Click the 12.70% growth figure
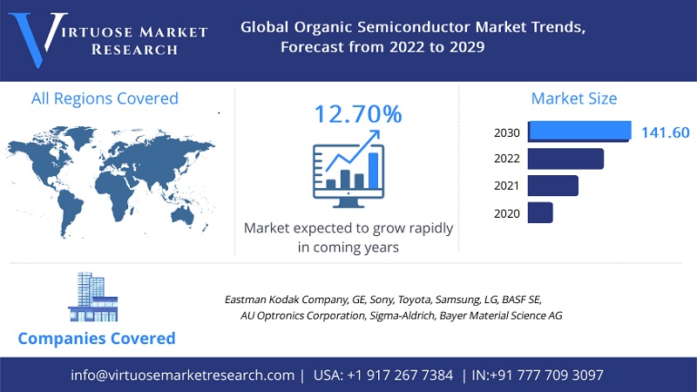click(358, 114)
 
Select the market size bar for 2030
click(579, 132)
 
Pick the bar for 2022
click(565, 159)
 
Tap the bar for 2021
click(553, 186)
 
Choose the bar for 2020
click(540, 213)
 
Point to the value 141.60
click(665, 132)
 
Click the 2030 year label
click(507, 133)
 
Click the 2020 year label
click(507, 213)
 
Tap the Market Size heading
click(574, 98)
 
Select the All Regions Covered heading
click(105, 98)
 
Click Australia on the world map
click(183, 216)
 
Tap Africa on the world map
click(117, 194)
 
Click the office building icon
click(93, 297)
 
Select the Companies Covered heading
click(97, 338)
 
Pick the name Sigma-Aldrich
click(402, 315)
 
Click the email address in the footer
click(182, 375)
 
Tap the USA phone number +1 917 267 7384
click(400, 375)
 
